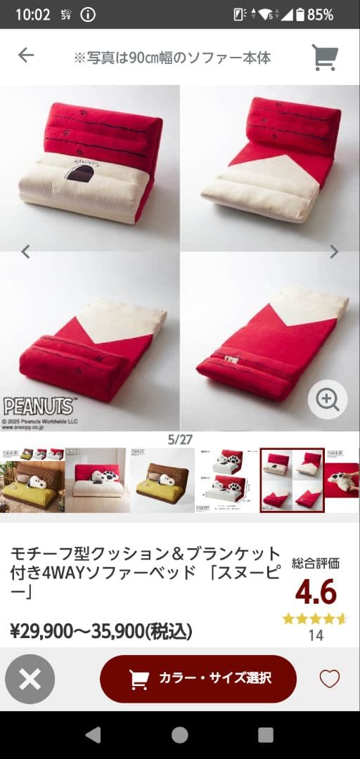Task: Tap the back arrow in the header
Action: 26,56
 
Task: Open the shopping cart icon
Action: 325,58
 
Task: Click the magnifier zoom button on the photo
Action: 328,400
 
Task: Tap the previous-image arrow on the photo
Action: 26,252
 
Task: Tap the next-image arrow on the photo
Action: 334,252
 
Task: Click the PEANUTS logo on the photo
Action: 39,406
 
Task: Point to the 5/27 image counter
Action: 180,439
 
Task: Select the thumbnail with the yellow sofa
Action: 32,480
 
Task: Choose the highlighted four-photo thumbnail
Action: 292,480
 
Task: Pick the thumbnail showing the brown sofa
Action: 162,480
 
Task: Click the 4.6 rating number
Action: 316,592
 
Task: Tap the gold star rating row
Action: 315,619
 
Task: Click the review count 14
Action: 316,635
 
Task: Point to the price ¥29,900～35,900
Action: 101,631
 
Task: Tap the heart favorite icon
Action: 329,679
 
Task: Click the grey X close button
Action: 30,679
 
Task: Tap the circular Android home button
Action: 180,735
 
